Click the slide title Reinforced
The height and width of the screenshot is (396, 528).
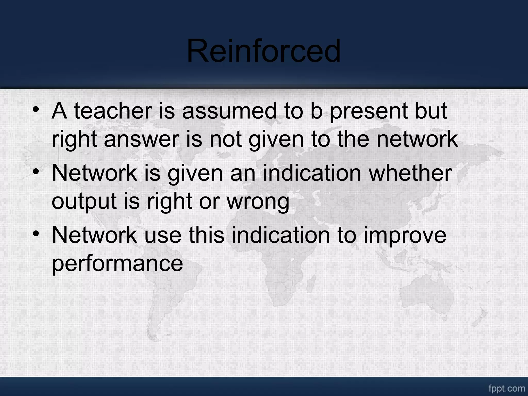click(x=263, y=51)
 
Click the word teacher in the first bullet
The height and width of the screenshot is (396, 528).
click(x=113, y=111)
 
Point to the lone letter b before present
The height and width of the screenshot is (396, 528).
click(x=316, y=111)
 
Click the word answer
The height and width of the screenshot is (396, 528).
click(x=141, y=139)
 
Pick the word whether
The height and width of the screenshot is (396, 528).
click(x=410, y=173)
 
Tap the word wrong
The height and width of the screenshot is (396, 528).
click(x=258, y=202)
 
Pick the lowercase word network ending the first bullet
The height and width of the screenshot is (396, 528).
click(x=417, y=139)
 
